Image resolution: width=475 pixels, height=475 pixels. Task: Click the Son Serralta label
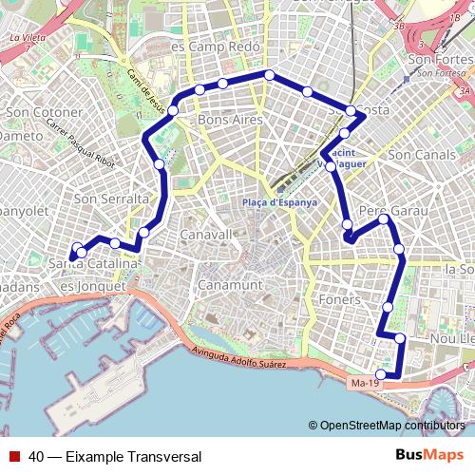[106, 199]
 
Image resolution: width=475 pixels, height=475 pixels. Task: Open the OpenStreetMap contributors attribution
[391, 425]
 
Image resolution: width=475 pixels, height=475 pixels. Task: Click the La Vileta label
[28, 39]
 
